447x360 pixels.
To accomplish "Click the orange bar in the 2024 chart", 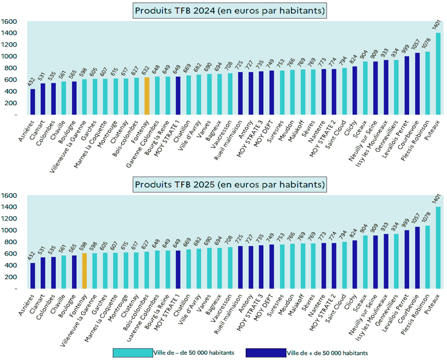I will coord(147,96).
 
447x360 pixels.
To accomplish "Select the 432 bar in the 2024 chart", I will coord(33,102).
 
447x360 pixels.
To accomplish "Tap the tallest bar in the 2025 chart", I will coord(438,247).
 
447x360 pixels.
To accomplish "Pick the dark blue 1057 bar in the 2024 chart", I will coord(417,84).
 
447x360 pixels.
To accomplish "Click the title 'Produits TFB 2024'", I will coord(230,10).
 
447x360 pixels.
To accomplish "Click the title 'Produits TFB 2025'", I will coord(230,184).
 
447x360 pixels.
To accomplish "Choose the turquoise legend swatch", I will coord(133,352).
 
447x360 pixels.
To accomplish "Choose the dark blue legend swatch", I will coord(266,352).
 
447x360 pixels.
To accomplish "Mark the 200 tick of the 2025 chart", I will coord(10,277).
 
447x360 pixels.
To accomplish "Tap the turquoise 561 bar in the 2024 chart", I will coord(64,98).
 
